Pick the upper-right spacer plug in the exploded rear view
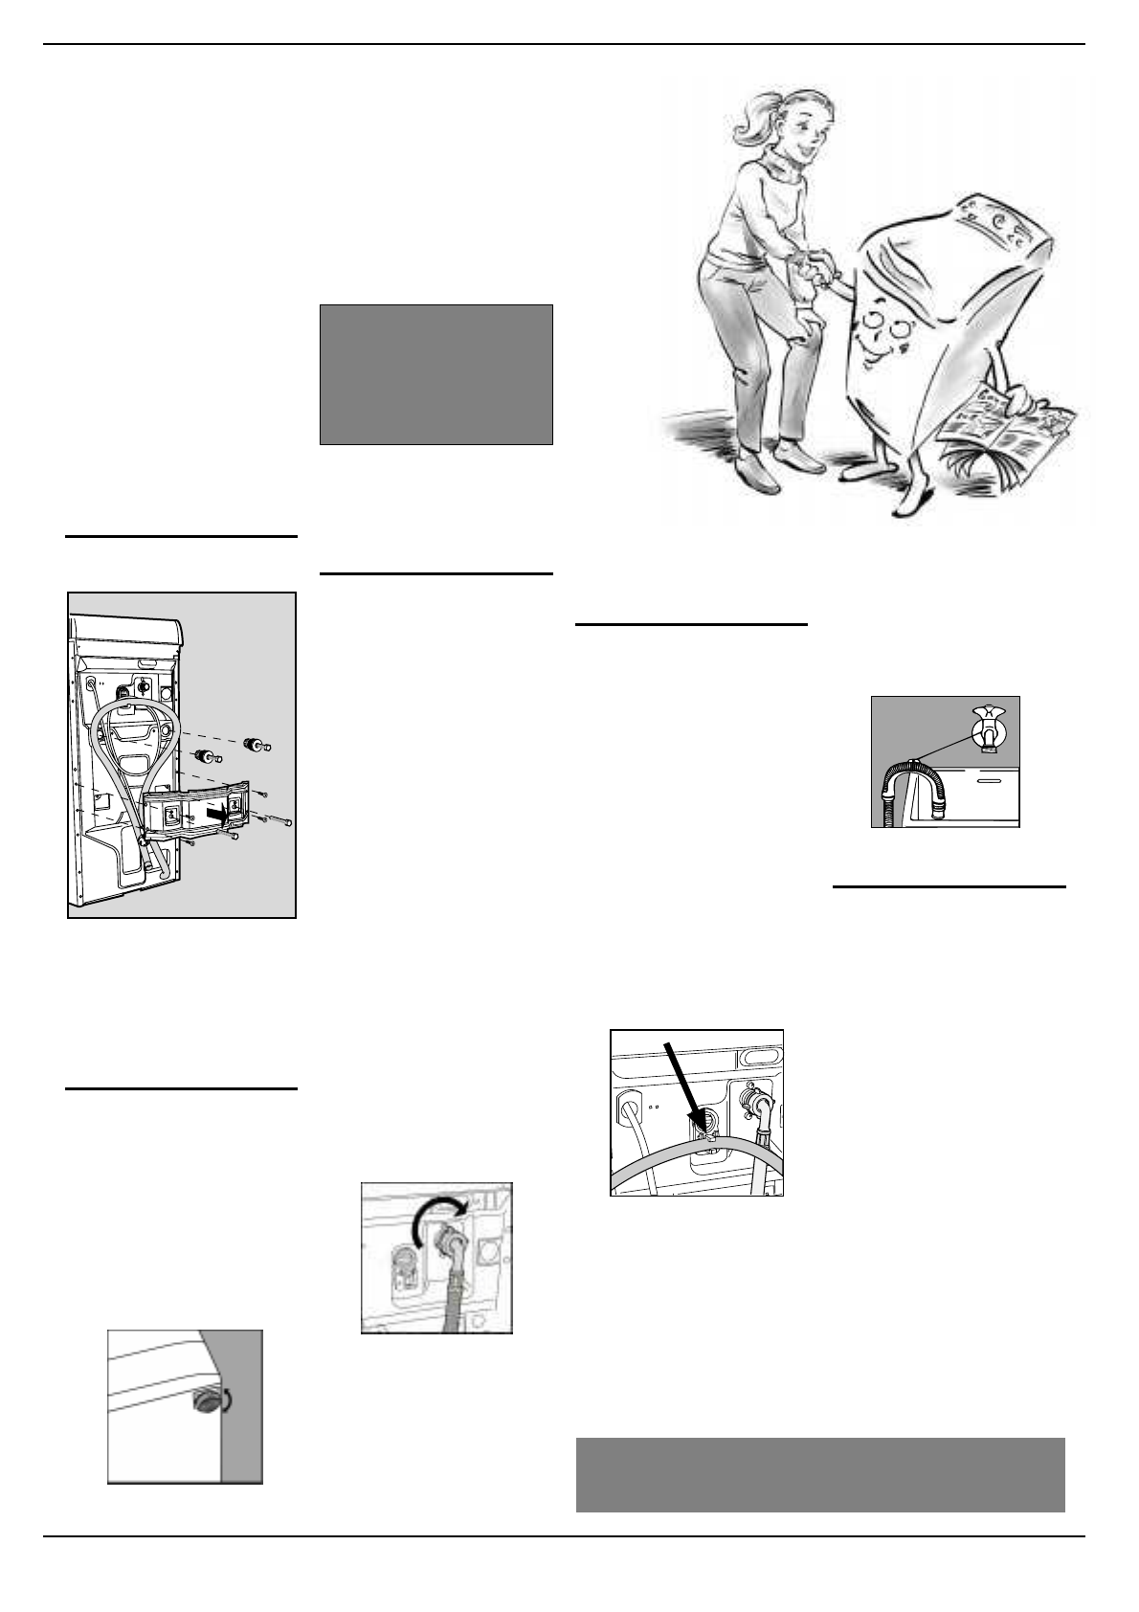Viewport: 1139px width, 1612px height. (257, 743)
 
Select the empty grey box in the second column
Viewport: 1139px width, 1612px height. (435, 374)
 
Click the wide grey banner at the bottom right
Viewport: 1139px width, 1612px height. (820, 1474)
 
